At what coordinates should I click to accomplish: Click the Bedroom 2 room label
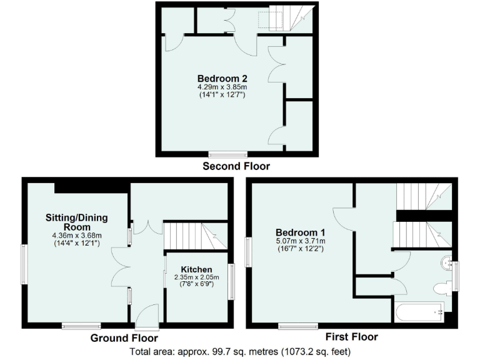click(x=222, y=78)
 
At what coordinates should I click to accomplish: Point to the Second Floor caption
click(x=236, y=166)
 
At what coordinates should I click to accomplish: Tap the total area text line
click(x=240, y=351)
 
